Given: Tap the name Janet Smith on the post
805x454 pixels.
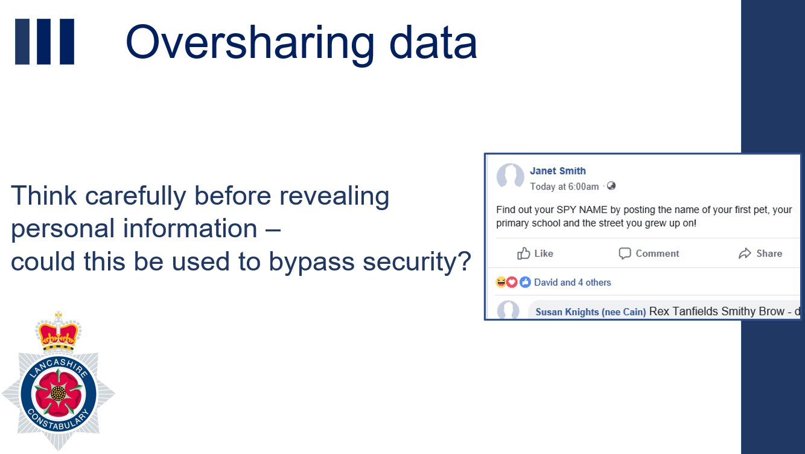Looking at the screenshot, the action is click(558, 171).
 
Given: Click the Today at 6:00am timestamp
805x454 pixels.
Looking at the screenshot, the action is click(564, 187).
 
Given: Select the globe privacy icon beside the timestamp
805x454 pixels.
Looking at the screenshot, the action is click(611, 186).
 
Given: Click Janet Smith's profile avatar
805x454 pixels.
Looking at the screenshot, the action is click(510, 176).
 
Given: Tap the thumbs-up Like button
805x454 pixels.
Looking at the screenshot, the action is click(535, 254).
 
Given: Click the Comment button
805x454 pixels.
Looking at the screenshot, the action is click(649, 254).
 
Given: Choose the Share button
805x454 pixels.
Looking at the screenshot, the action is click(760, 254).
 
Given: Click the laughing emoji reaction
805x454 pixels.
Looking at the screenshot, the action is click(501, 282).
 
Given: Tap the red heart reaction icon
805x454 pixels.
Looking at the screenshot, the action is click(512, 282).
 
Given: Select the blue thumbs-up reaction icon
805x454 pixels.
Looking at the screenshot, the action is click(525, 282).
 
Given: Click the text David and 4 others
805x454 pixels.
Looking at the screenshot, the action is click(573, 283).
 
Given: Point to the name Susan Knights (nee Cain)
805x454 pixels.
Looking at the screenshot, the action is click(590, 312).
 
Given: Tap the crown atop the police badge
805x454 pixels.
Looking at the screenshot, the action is click(58, 332).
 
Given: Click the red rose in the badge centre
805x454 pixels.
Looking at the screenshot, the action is click(58, 393).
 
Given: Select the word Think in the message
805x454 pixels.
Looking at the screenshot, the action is click(44, 196).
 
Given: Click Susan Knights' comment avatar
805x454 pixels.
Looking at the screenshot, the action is click(507, 310).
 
